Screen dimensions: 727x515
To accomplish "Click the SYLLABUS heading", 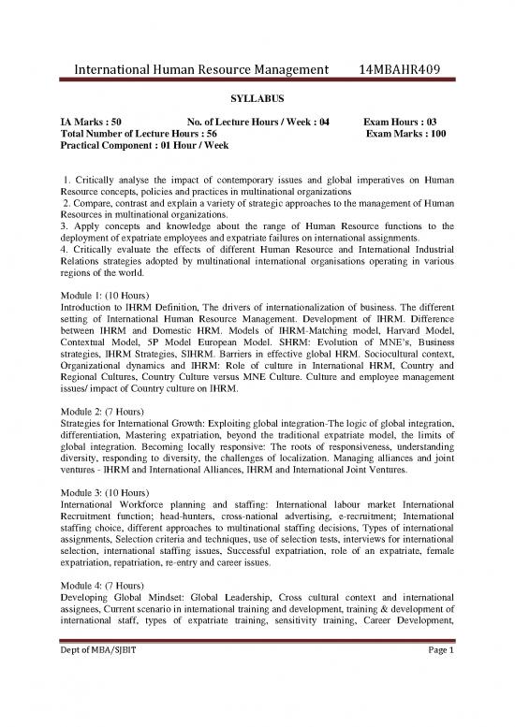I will coord(257,96).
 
